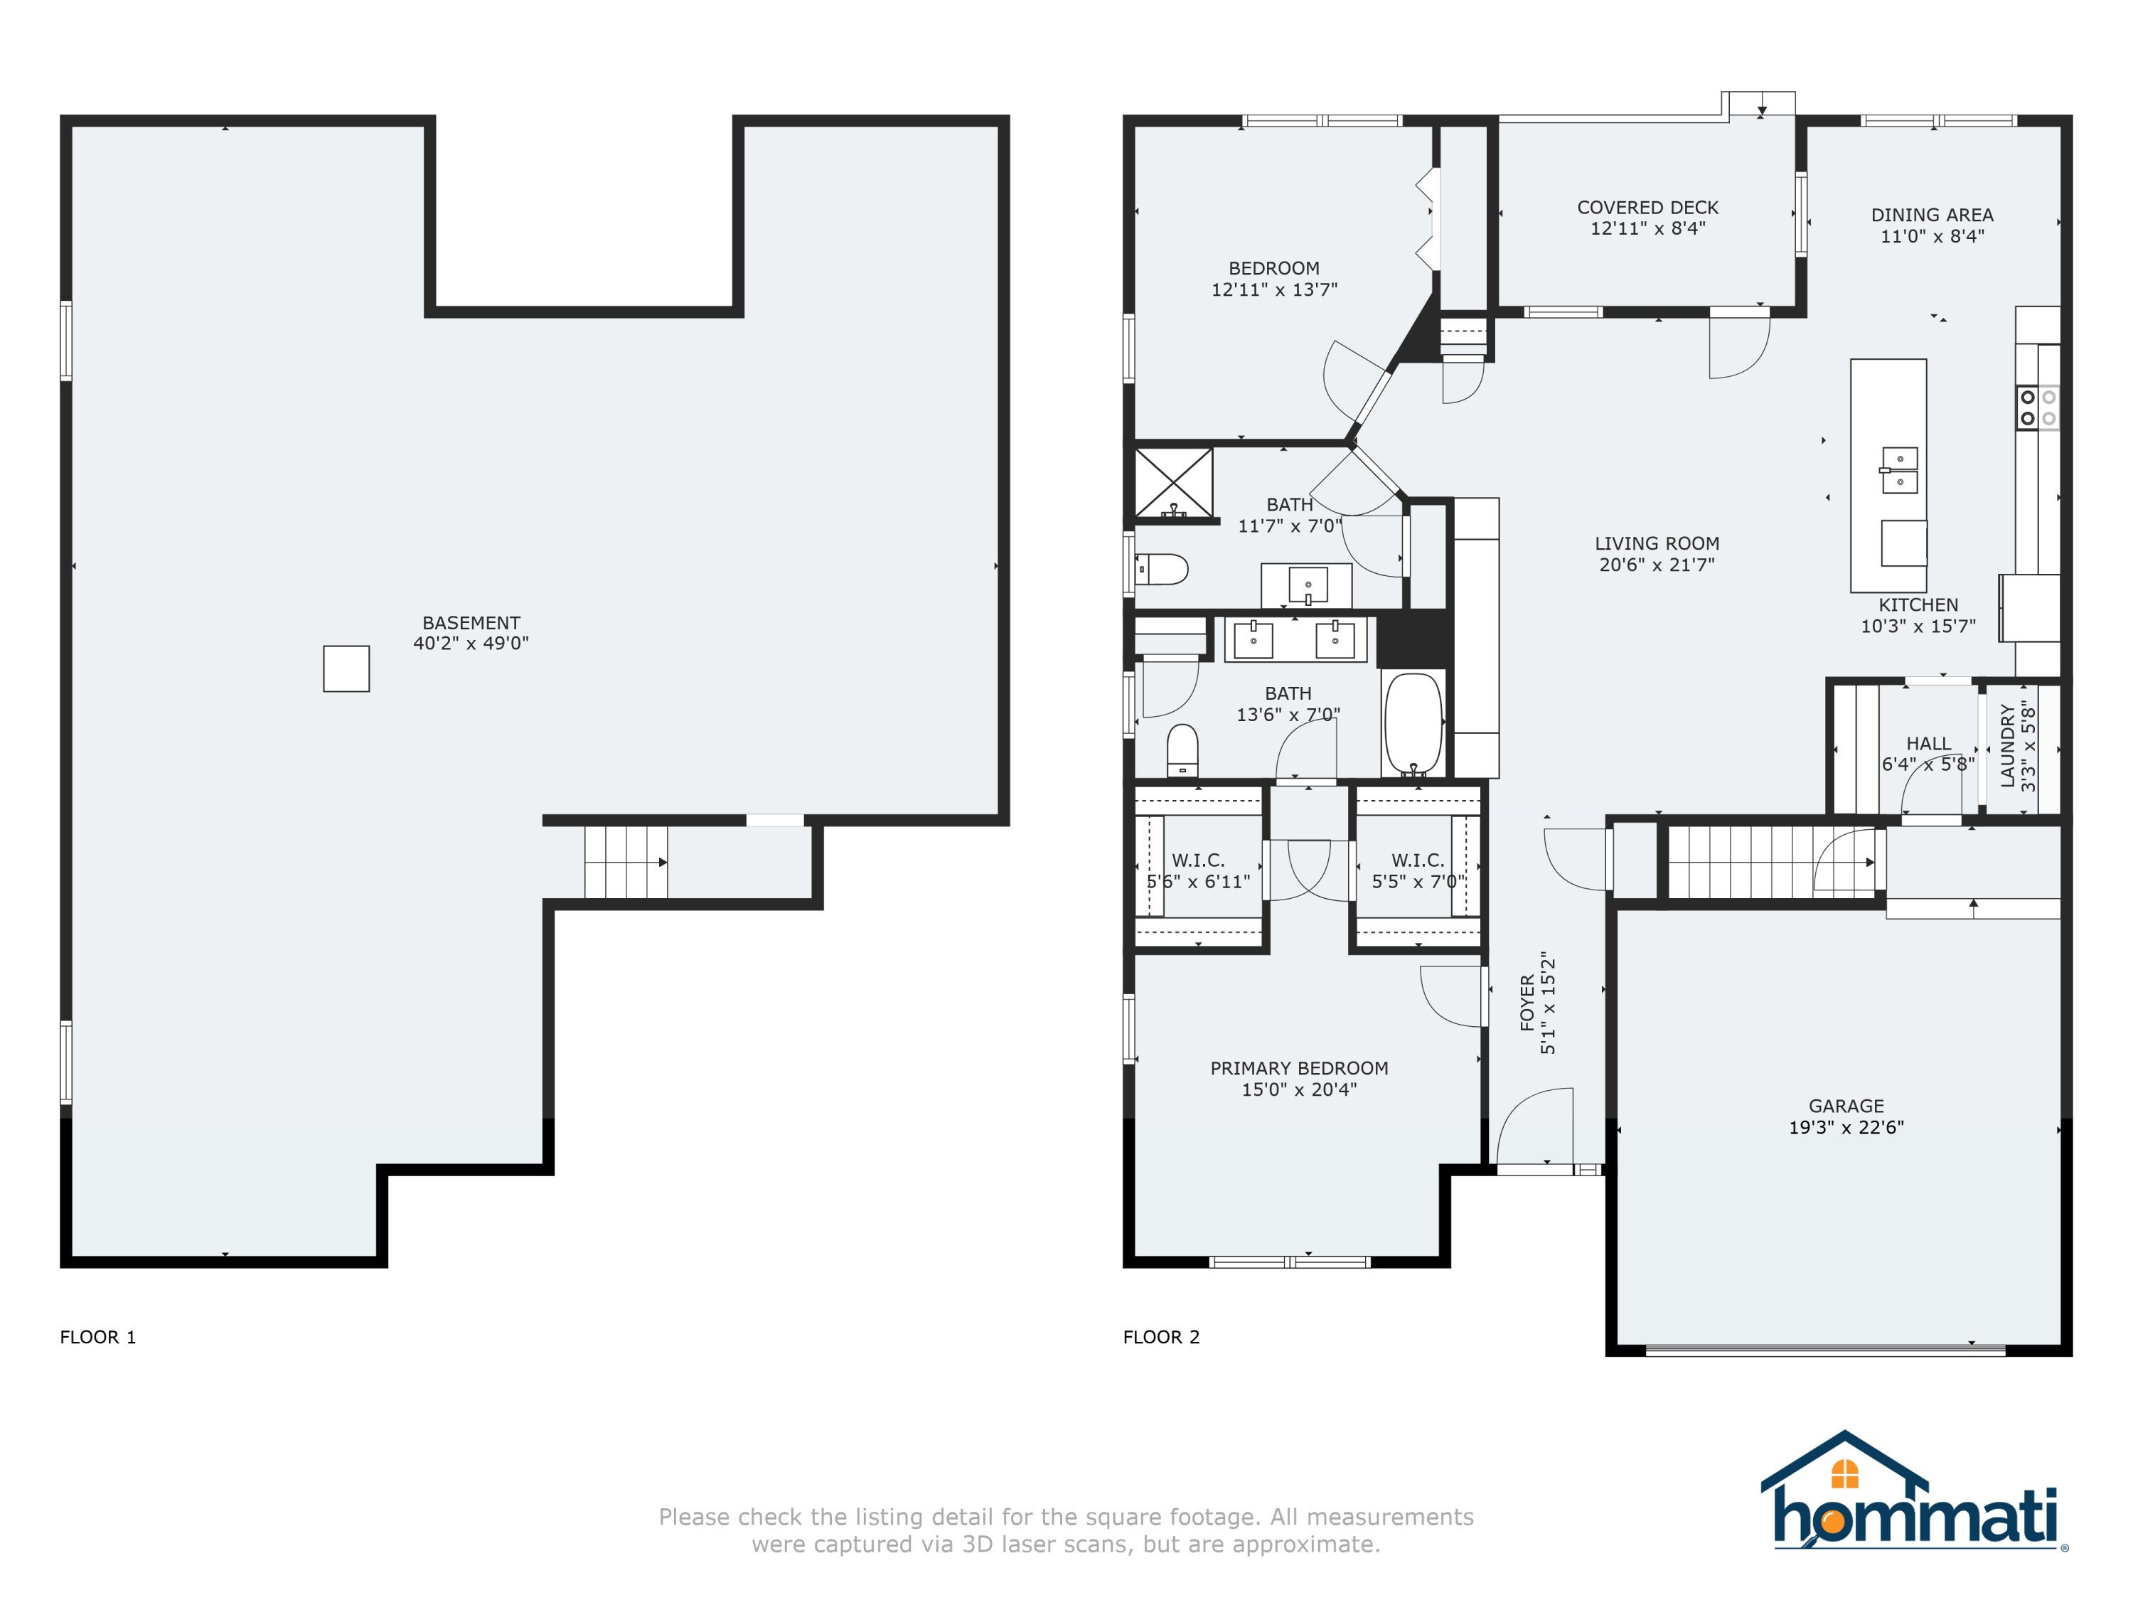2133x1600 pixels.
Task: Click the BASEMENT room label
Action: click(471, 623)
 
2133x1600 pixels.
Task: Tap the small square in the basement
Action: click(346, 668)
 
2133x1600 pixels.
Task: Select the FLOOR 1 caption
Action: click(97, 1337)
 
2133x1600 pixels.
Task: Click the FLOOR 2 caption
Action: click(1161, 1337)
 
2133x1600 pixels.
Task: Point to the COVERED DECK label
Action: click(1648, 208)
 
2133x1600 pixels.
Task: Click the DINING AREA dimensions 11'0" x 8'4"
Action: click(1932, 236)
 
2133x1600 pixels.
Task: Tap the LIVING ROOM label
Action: click(1657, 544)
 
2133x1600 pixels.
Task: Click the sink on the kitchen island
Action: click(1900, 471)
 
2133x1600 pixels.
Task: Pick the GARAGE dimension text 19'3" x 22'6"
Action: click(1846, 1127)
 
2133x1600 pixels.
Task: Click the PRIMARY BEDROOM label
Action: click(1299, 1069)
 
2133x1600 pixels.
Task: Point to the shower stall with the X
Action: click(1174, 483)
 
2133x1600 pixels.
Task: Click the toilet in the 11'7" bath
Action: click(1161, 569)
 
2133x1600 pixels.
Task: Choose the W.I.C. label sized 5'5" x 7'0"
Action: click(1418, 871)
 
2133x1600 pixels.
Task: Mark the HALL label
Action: click(1928, 744)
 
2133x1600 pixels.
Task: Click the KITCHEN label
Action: click(1918, 604)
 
